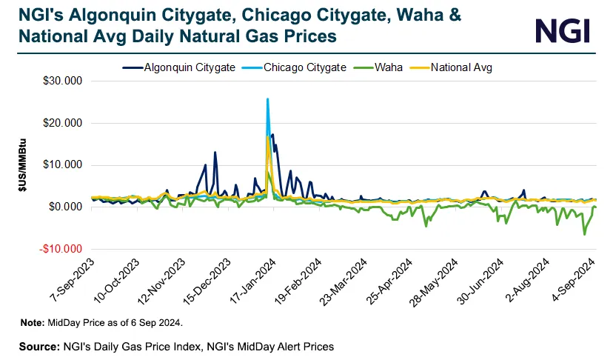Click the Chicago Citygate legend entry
(x=304, y=67)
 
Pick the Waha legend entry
(x=388, y=67)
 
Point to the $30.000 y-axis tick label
(x=63, y=81)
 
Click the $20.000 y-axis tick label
(x=63, y=122)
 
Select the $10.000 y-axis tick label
(x=63, y=164)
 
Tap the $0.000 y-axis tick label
(x=65, y=207)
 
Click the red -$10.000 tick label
(x=61, y=248)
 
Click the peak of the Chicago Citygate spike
(x=267, y=99)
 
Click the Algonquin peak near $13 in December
(x=215, y=153)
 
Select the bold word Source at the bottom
(x=39, y=346)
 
